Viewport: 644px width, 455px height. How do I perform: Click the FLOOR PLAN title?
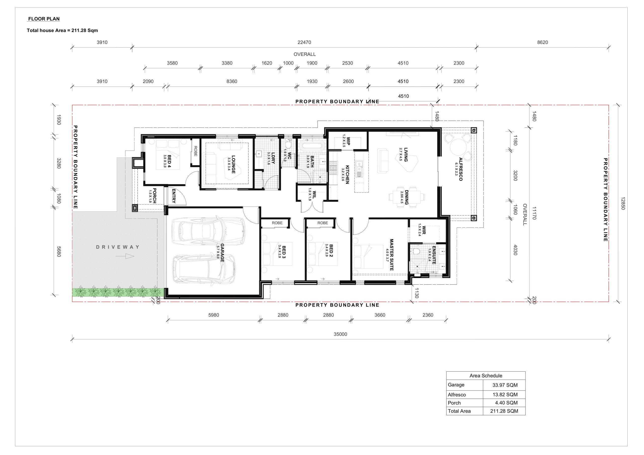click(x=44, y=19)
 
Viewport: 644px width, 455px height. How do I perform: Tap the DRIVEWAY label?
click(x=117, y=247)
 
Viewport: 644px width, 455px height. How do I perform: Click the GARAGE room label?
click(x=222, y=253)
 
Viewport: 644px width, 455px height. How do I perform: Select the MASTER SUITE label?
click(x=392, y=255)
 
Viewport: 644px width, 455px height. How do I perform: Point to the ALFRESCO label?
click(x=461, y=169)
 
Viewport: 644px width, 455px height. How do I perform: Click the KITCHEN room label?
click(x=347, y=174)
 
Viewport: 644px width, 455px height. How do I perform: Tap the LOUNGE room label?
click(x=233, y=164)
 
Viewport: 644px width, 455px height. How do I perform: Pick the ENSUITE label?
click(x=434, y=255)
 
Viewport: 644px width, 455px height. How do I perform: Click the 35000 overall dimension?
click(x=340, y=334)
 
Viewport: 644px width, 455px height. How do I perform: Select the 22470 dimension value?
click(x=304, y=42)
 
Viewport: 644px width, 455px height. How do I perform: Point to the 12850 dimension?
click(x=623, y=204)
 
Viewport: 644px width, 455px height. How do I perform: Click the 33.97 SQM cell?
click(x=505, y=385)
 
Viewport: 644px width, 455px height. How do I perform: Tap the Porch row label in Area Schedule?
click(x=454, y=403)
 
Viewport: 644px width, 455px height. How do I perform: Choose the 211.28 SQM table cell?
click(x=504, y=411)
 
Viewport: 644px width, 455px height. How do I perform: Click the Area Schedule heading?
click(x=486, y=376)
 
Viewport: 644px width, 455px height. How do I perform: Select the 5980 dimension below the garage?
click(x=214, y=315)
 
